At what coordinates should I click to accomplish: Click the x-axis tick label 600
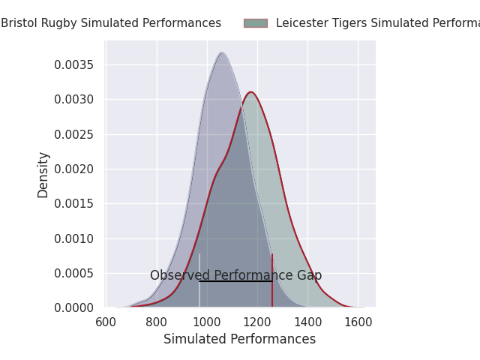[106, 322]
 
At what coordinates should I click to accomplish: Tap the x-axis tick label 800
[157, 322]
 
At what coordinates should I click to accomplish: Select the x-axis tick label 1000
[207, 322]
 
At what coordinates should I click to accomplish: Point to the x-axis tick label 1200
[257, 322]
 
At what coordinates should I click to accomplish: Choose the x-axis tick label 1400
[307, 322]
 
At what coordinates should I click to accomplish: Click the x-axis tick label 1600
[358, 322]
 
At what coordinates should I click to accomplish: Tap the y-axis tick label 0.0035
[73, 65]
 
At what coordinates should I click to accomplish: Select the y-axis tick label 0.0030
[73, 100]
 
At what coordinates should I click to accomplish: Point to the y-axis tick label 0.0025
[73, 134]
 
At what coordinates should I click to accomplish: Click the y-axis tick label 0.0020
[73, 169]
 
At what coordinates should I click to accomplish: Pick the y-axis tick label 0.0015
[73, 204]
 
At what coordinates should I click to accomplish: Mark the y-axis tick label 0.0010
[73, 238]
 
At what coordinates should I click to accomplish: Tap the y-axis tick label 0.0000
[73, 307]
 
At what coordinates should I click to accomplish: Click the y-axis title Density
[43, 174]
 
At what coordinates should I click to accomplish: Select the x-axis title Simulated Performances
[240, 340]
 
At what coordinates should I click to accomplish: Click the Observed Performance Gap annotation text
[235, 275]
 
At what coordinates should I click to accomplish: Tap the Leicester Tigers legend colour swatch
[255, 23]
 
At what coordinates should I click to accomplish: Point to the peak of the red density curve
[251, 92]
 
